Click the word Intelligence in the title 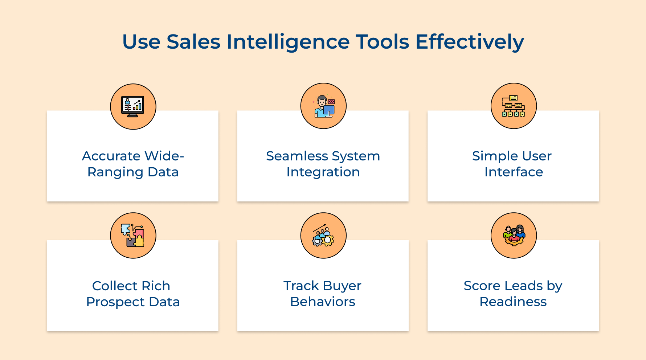tap(288, 42)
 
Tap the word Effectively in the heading tap(470, 42)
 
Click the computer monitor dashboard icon tap(133, 106)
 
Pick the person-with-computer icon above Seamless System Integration tap(323, 106)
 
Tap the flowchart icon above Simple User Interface tap(514, 106)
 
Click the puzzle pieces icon tap(133, 236)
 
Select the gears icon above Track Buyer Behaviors tap(323, 236)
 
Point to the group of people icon tap(514, 236)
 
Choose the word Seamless tap(297, 156)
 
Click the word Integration tap(323, 172)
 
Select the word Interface tap(514, 172)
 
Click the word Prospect tap(115, 302)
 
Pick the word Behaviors tap(323, 302)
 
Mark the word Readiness tap(513, 302)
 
